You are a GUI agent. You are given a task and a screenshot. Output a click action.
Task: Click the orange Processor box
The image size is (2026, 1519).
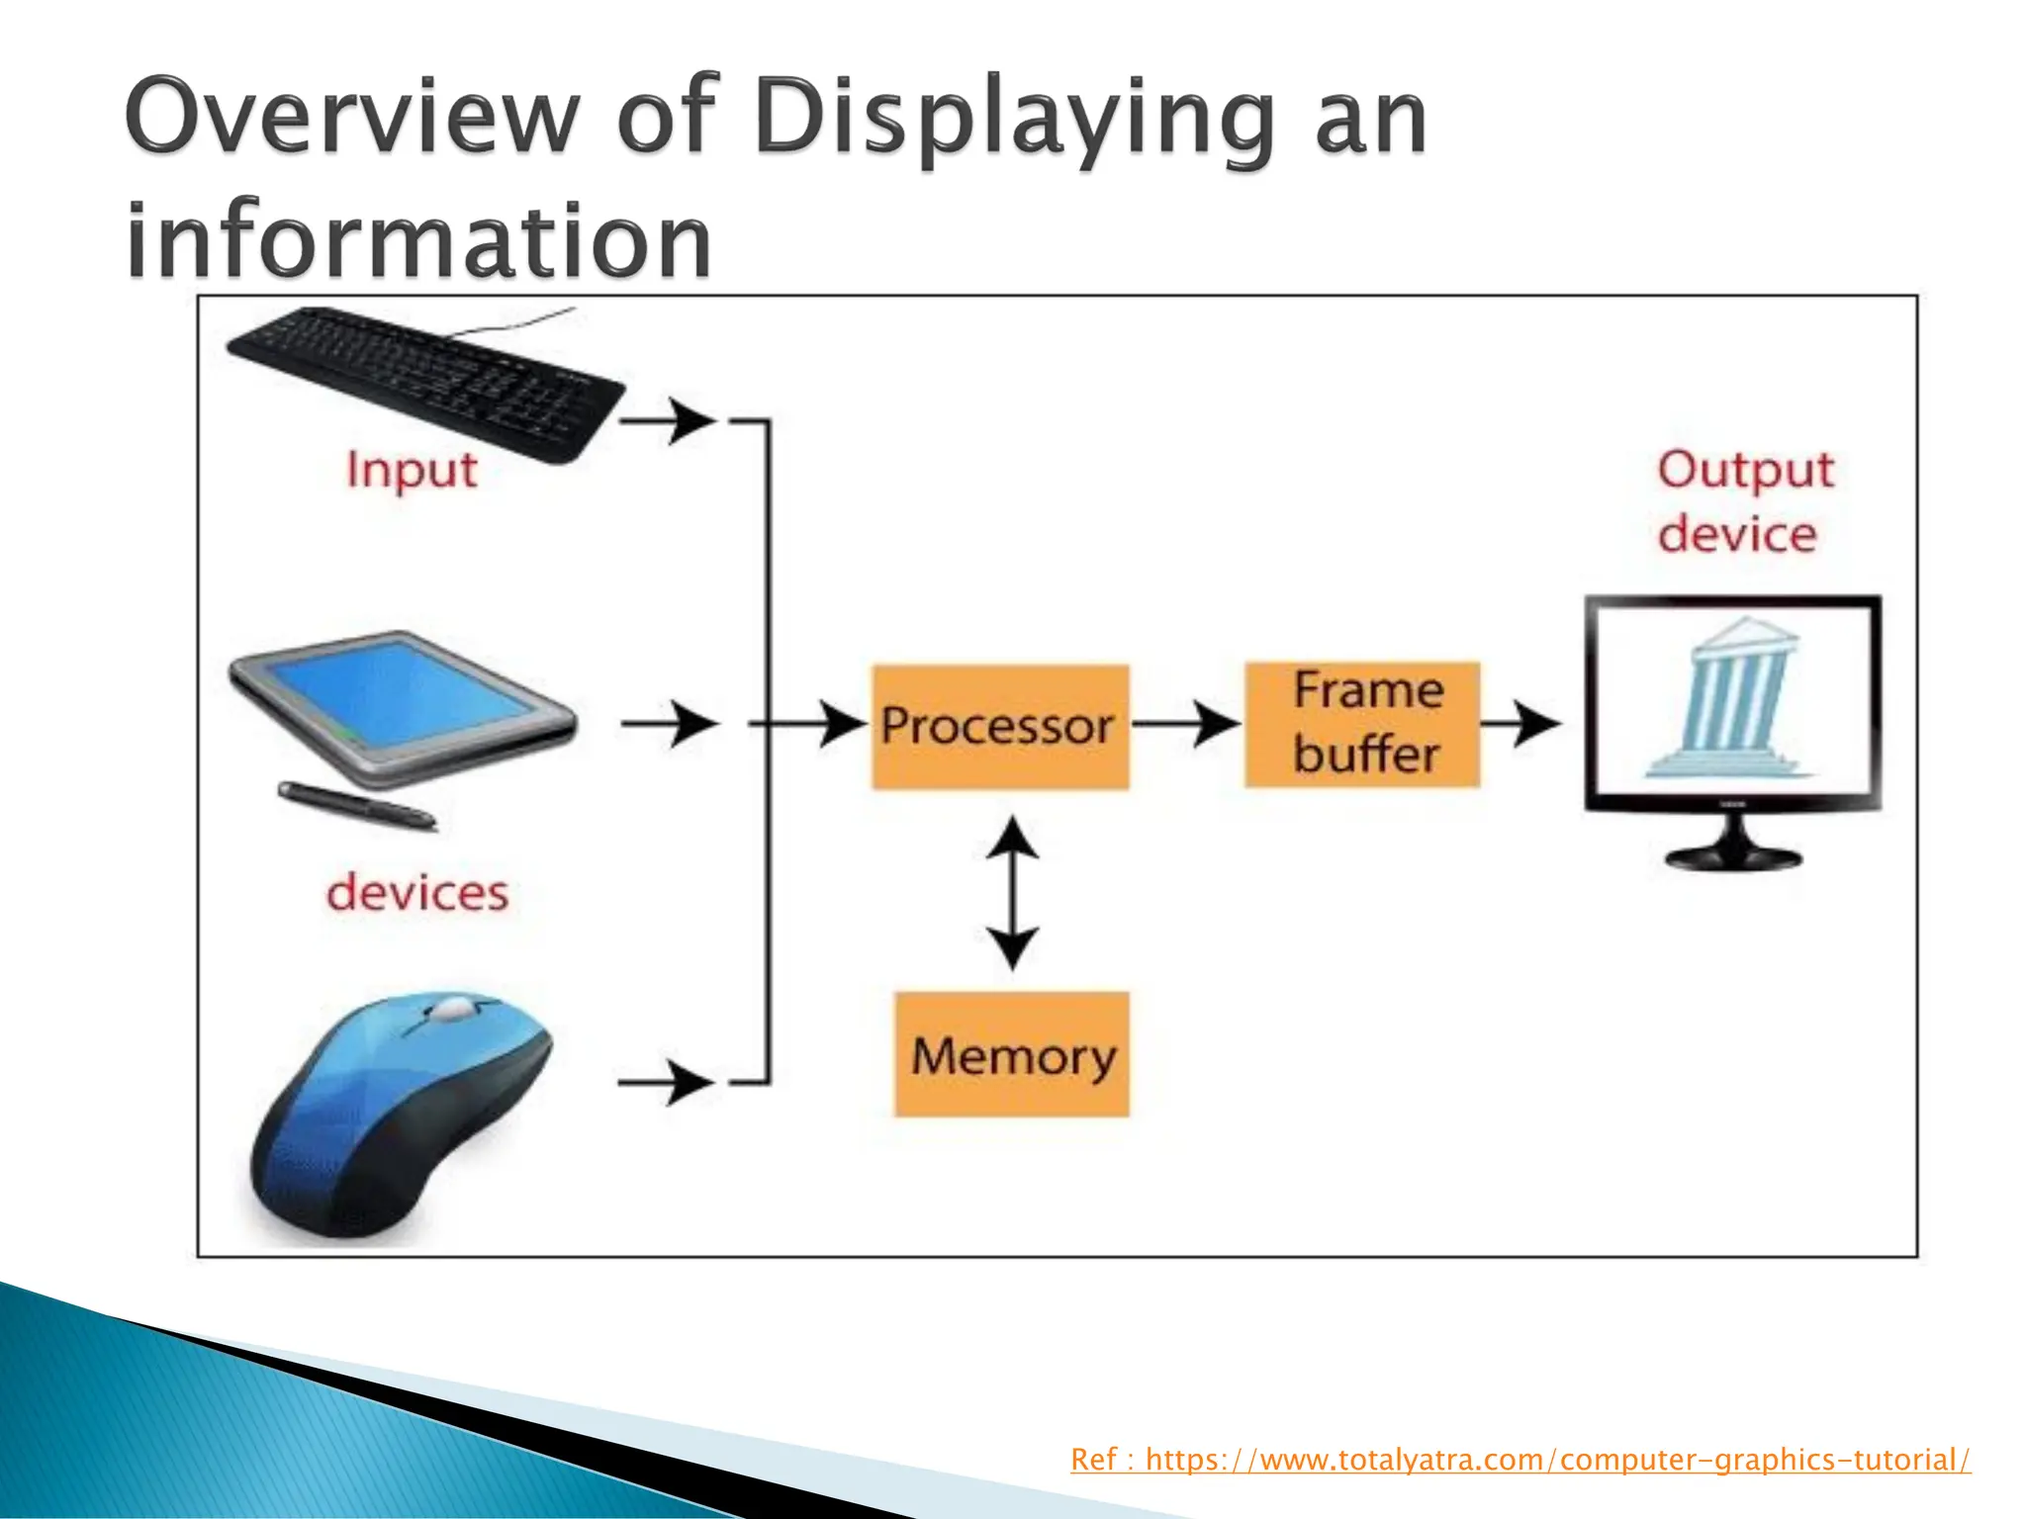999,727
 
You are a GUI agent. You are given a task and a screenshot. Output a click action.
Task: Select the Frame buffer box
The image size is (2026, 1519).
1362,725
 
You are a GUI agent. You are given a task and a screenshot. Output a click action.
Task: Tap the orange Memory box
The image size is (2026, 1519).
1011,1054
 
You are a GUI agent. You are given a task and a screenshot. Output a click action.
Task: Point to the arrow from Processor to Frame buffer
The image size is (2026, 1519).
1185,724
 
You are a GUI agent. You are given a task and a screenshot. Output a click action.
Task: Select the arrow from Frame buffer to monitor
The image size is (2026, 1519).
1520,724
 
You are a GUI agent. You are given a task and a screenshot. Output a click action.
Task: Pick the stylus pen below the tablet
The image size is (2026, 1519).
356,804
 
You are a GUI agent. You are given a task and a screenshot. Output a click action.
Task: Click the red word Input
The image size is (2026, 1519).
412,471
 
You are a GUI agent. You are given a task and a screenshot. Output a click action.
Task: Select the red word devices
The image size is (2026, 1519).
416,893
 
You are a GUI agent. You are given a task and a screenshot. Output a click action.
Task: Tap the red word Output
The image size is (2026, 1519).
1745,471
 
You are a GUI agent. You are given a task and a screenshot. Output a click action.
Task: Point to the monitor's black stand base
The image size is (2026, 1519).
1733,855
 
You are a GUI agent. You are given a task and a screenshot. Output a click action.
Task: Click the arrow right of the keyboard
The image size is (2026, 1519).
667,420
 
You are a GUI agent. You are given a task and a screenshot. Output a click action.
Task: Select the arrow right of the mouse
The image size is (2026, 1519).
665,1082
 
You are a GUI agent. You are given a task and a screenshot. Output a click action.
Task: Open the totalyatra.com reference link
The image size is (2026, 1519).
1519,1460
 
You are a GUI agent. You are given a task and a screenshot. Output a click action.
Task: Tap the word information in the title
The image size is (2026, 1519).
418,240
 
